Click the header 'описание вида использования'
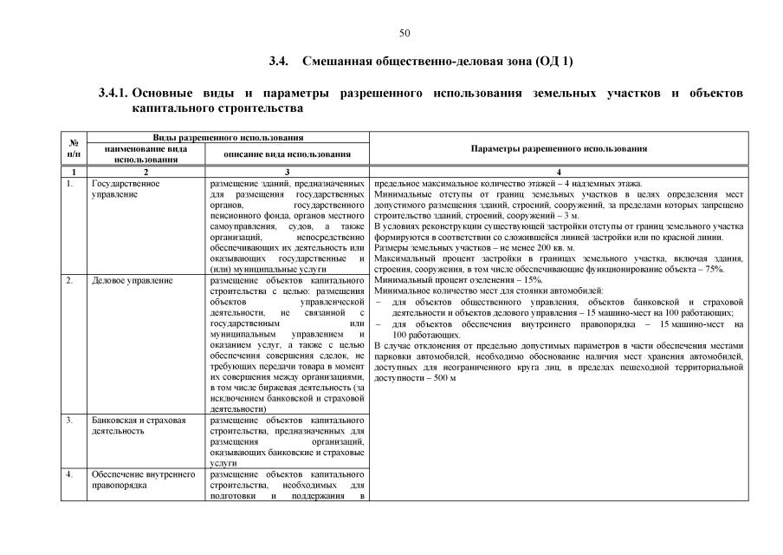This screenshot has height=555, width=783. click(287, 153)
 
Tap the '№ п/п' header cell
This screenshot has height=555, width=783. click(74, 148)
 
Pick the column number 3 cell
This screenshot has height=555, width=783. click(287, 172)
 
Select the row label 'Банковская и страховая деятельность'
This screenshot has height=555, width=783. click(139, 425)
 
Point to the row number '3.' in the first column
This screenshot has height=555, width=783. click(69, 420)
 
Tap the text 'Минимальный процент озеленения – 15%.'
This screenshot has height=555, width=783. click(458, 280)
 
